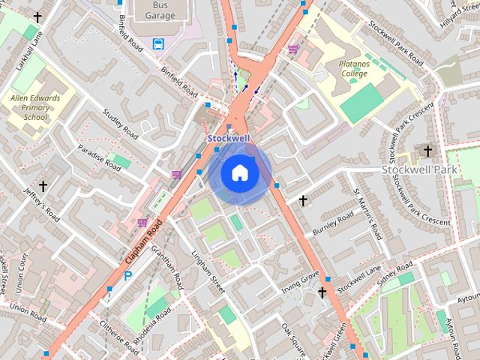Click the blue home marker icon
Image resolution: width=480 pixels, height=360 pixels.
pyautogui.click(x=238, y=173)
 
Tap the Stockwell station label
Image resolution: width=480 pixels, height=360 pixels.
pyautogui.click(x=228, y=139)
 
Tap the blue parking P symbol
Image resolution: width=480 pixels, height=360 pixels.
pyautogui.click(x=128, y=275)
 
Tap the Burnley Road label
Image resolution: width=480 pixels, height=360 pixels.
pyautogui.click(x=332, y=224)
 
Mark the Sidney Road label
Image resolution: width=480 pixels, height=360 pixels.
pyautogui.click(x=395, y=275)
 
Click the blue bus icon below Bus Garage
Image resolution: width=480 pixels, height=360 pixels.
pyautogui.click(x=158, y=43)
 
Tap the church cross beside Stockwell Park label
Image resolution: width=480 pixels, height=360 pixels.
pyautogui.click(x=427, y=151)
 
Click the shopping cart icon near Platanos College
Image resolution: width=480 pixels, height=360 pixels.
pyautogui.click(x=293, y=49)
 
